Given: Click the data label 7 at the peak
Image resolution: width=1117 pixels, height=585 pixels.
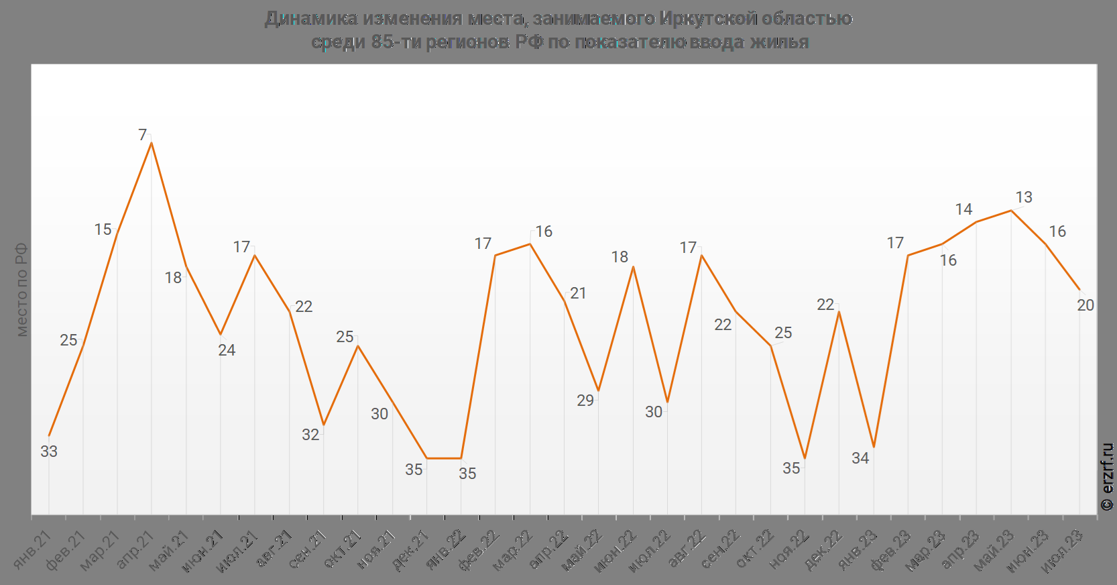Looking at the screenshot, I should pyautogui.click(x=142, y=135).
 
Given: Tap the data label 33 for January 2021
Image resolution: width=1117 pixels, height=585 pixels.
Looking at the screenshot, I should pyautogui.click(x=49, y=451).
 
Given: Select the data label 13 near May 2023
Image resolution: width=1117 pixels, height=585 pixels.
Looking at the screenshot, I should pyautogui.click(x=1024, y=197).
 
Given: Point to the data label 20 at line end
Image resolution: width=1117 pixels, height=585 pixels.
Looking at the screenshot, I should pyautogui.click(x=1085, y=305).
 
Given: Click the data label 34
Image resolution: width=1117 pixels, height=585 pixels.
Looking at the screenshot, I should pyautogui.click(x=860, y=458).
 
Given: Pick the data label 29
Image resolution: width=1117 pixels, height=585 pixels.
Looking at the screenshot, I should pyautogui.click(x=585, y=401).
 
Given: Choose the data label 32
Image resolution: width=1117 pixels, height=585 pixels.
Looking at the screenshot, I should pyautogui.click(x=310, y=435).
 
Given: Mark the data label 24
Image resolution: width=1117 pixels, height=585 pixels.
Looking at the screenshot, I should pyautogui.click(x=227, y=350).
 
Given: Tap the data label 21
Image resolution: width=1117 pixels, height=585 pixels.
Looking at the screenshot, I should pyautogui.click(x=578, y=293).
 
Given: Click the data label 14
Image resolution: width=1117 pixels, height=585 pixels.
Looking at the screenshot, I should pyautogui.click(x=963, y=209).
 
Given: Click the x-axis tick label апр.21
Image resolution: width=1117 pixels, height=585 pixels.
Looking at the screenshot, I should pyautogui.click(x=136, y=549).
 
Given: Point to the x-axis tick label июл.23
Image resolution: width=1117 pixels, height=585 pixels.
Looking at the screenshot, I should pyautogui.click(x=1064, y=551).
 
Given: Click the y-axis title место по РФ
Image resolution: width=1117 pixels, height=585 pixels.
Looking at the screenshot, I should pyautogui.click(x=21, y=289).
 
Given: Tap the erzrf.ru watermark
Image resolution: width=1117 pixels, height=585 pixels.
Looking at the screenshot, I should pyautogui.click(x=1107, y=476).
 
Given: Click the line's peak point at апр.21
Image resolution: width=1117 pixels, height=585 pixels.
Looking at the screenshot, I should pyautogui.click(x=152, y=143).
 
